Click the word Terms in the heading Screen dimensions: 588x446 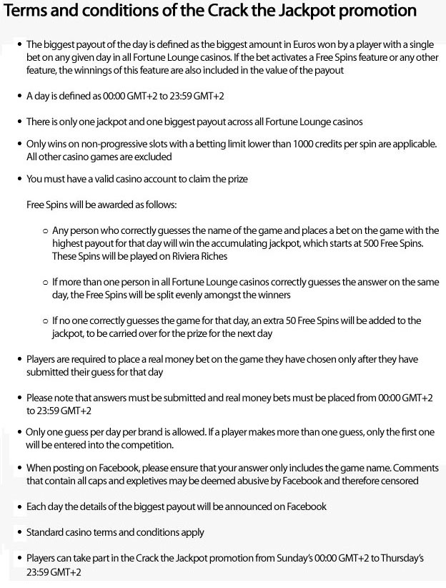(x=27, y=12)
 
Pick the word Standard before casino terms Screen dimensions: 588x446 (x=46, y=532)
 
